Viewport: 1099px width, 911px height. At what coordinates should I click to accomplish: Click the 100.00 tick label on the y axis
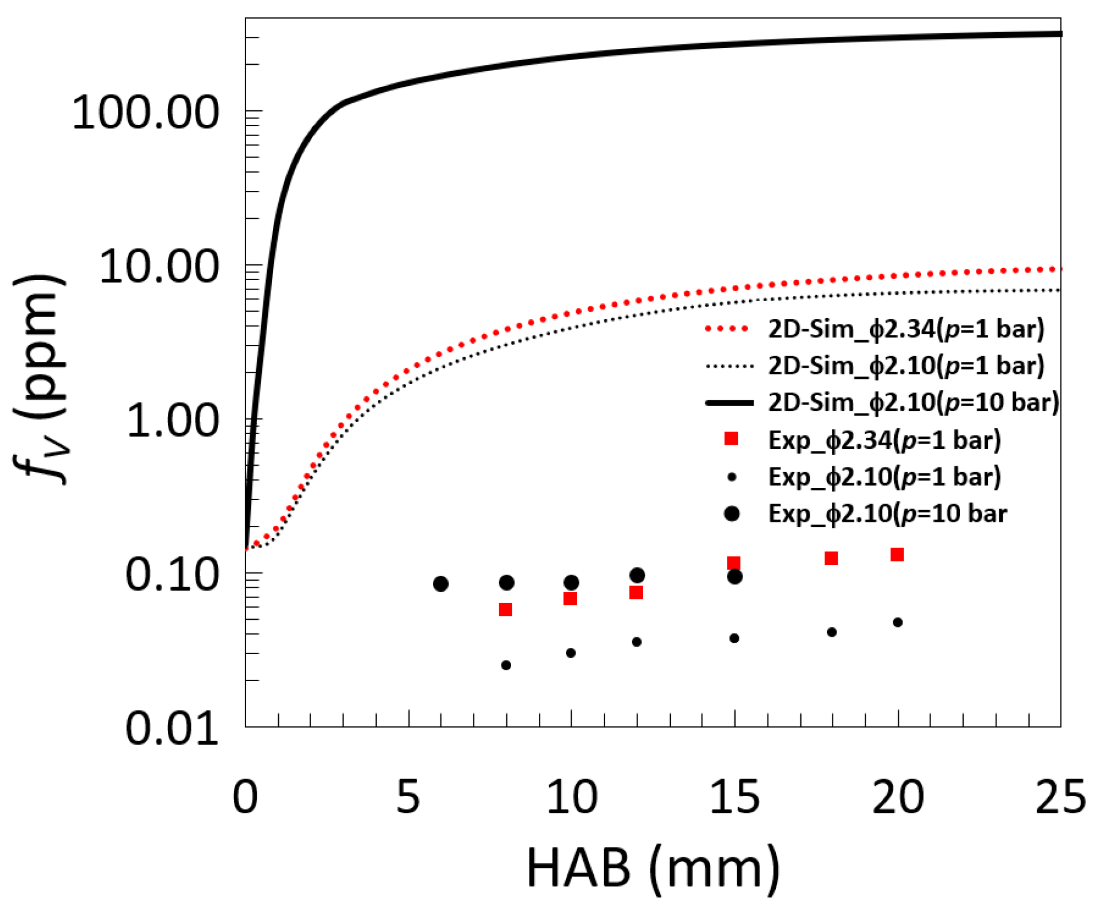pos(145,112)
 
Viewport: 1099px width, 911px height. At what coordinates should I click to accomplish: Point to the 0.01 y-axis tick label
pos(172,728)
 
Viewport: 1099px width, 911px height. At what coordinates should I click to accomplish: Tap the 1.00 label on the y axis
pos(172,420)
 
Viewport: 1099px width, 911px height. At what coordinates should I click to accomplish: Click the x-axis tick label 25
pos(1060,797)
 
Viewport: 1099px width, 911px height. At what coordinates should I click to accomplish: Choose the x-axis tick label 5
pos(408,797)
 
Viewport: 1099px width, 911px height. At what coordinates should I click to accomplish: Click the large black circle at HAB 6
pos(441,584)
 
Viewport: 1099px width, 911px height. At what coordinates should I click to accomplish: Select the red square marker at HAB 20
pos(897,554)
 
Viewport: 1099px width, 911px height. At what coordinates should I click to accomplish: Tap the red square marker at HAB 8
pos(506,610)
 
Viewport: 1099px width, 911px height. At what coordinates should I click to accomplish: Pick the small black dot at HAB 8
pos(506,665)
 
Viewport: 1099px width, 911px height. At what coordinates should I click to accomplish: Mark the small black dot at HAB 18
pos(832,633)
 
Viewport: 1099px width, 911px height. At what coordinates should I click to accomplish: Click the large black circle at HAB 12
pos(637,575)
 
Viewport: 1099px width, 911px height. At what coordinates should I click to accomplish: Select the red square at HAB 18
pos(831,559)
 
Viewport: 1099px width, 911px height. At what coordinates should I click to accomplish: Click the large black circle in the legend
pos(731,514)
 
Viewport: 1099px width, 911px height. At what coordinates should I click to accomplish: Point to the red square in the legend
pos(731,439)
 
